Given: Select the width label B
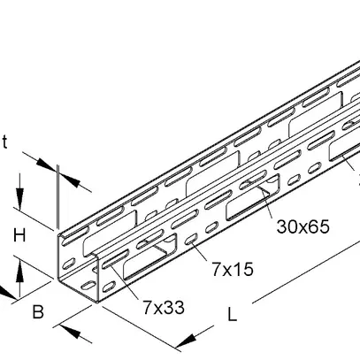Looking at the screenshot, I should pos(37,311).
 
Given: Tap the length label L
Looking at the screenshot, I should pos(230,312).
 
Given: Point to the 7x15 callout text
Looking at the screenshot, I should pos(231,268).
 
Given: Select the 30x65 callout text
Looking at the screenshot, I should pos(303,226).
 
